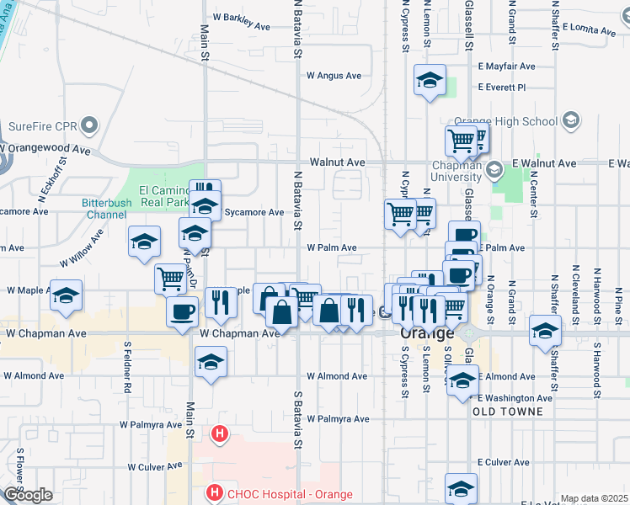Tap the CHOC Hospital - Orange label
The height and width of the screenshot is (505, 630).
click(289, 494)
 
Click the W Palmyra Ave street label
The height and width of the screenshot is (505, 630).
click(338, 418)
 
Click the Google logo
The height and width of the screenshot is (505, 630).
click(28, 495)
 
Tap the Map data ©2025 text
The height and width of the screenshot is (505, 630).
click(594, 498)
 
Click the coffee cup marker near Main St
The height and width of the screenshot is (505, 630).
click(183, 312)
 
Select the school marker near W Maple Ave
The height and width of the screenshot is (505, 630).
click(67, 296)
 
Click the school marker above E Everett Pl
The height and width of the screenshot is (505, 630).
click(430, 81)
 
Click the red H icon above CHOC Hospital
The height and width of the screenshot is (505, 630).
click(220, 434)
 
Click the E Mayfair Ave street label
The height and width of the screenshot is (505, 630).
click(505, 66)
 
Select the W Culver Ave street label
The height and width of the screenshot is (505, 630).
click(156, 466)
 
